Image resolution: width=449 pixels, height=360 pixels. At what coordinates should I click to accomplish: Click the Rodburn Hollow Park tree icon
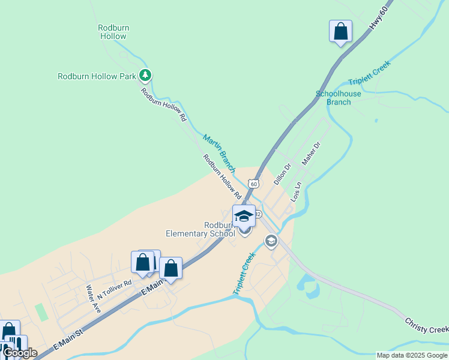coord(145,76)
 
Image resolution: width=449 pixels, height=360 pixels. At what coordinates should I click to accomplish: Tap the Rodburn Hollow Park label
coord(96,76)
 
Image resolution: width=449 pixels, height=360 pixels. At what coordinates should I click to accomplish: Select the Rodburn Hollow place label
coord(113,32)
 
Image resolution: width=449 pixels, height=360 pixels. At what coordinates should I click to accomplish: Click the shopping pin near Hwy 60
coord(340,31)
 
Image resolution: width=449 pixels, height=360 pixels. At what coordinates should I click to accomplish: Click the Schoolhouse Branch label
coord(339,98)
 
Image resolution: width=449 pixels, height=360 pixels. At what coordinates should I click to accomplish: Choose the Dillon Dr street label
coord(282,174)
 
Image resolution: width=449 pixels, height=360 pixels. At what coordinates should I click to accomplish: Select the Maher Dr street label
coord(312,154)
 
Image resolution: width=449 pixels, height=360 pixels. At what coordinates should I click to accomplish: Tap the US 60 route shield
coord(255,184)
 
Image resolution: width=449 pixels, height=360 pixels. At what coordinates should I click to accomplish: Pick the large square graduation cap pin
coord(244,216)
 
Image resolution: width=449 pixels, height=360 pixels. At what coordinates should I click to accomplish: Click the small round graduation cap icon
coord(271,241)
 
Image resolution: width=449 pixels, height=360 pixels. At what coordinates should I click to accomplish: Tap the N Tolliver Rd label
coord(113,287)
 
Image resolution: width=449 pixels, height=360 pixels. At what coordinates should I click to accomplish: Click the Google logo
coord(20,353)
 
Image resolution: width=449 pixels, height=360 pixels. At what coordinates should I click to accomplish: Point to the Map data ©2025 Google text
coord(411,355)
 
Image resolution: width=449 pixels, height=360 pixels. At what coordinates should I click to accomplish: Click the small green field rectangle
coord(41,312)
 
